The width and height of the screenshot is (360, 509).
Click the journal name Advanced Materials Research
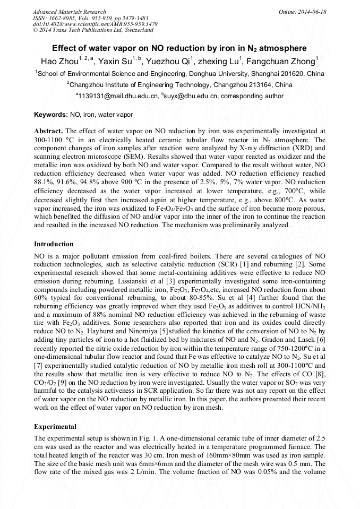coord(69,11)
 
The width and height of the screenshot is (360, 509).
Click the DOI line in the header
coord(95,24)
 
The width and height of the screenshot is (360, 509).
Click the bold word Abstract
coord(48,131)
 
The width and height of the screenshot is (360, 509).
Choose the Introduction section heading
coord(54,244)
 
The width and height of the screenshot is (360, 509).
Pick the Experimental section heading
coord(55,426)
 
